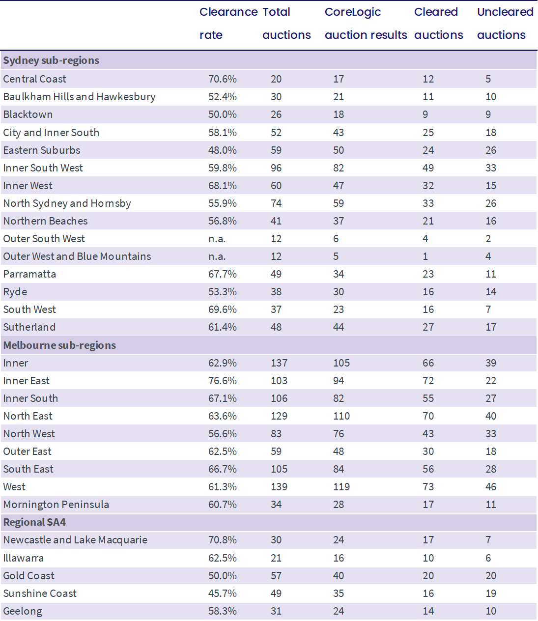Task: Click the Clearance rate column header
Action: tap(228, 24)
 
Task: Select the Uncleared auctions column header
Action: tap(505, 24)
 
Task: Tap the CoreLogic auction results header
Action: tap(366, 24)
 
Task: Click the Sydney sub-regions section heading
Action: tap(51, 60)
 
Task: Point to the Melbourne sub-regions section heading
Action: tap(59, 345)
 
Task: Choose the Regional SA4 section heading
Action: tap(34, 522)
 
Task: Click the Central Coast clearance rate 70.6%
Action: tap(222, 79)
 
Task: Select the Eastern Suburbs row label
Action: tap(42, 150)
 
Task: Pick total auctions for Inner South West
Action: tap(276, 168)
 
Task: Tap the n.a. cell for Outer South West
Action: tap(217, 239)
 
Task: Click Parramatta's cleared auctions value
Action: tap(428, 274)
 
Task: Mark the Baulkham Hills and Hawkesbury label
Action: tap(79, 97)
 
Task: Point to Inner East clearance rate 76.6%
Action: tap(222, 381)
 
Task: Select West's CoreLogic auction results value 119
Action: tap(341, 487)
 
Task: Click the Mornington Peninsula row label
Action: tap(56, 505)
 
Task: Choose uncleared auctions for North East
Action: tap(491, 416)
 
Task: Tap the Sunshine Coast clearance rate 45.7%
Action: tap(222, 593)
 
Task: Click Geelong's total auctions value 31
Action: tap(276, 611)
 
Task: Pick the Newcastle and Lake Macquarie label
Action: tap(75, 540)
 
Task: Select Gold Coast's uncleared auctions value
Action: tap(491, 576)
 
